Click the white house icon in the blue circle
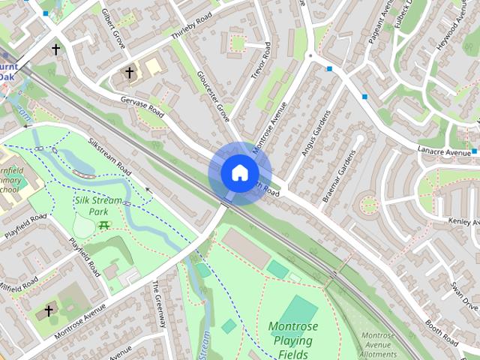pyautogui.click(x=239, y=172)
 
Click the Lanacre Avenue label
pyautogui.click(x=443, y=153)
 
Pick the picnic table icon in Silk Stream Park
pyautogui.click(x=103, y=226)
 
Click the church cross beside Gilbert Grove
pyautogui.click(x=129, y=73)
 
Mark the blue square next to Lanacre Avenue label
pyautogui.click(x=475, y=152)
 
